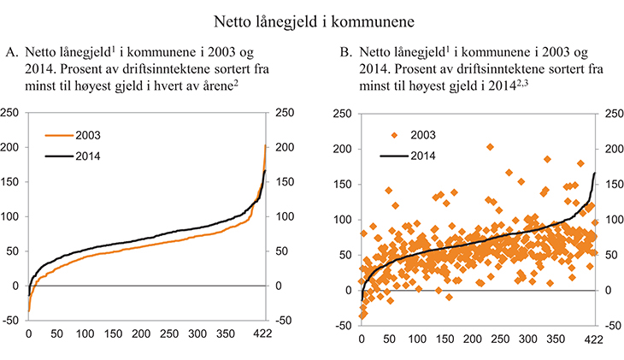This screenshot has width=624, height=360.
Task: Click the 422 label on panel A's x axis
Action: [263, 333]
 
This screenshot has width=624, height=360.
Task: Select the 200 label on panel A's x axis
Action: [141, 333]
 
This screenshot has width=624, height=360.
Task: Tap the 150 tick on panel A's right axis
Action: [281, 182]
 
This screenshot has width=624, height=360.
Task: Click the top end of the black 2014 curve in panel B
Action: [595, 174]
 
